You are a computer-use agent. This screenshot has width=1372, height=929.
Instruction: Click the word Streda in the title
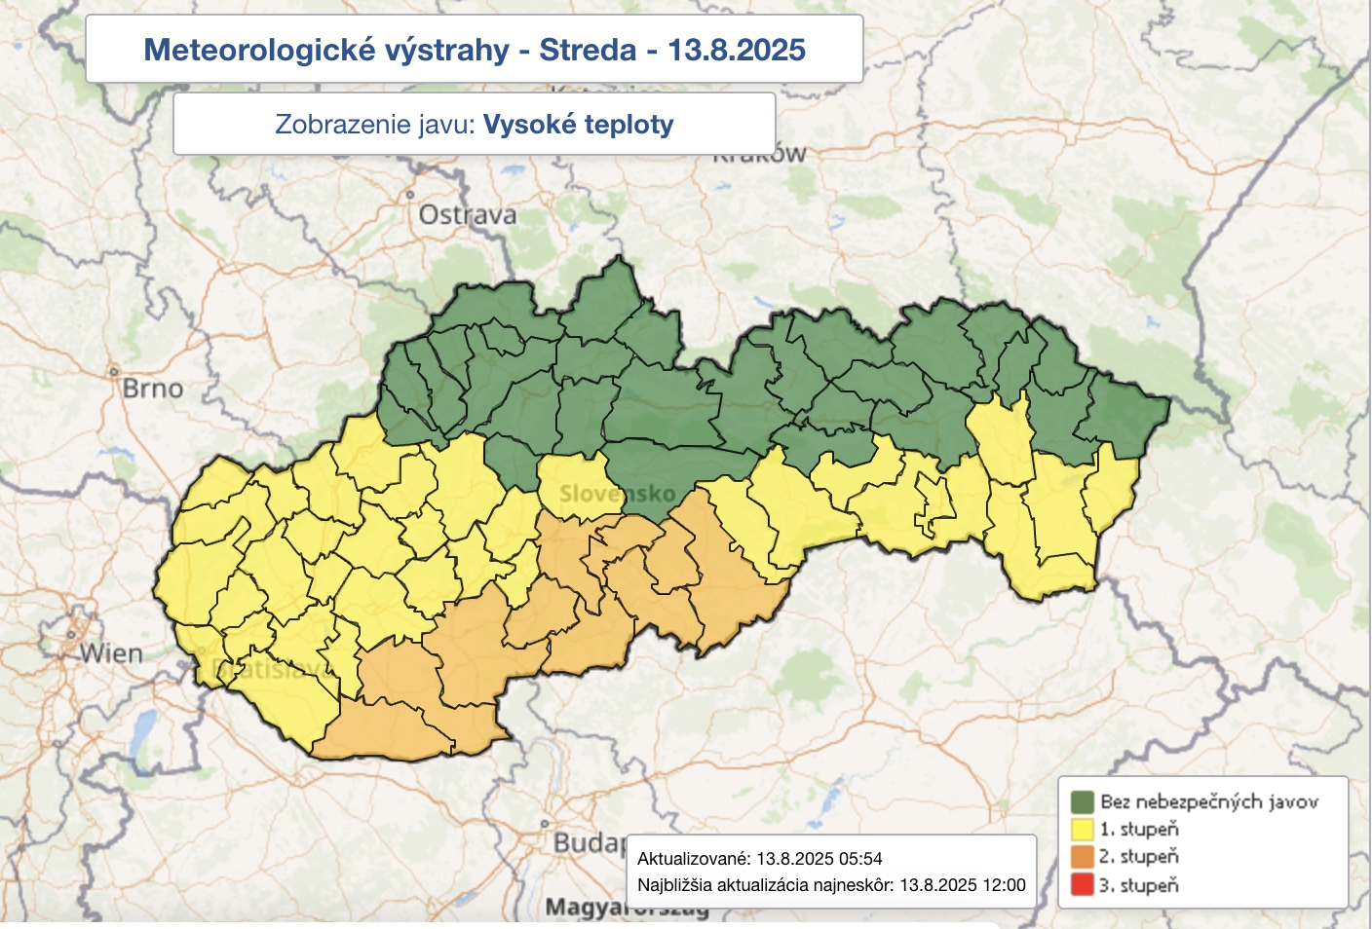(x=588, y=50)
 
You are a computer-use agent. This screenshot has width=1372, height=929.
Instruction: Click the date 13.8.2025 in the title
(x=737, y=50)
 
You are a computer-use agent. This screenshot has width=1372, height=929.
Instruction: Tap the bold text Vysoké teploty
(x=578, y=125)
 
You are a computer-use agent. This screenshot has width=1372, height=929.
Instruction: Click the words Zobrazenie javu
(x=374, y=125)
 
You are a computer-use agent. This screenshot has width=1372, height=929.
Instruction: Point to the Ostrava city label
(x=467, y=214)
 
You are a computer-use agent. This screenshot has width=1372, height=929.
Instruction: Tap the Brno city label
(x=152, y=389)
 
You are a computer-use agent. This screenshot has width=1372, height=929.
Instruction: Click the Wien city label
(x=111, y=652)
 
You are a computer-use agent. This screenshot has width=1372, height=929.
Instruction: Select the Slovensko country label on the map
(x=617, y=494)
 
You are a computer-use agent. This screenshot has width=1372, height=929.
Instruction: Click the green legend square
(x=1082, y=801)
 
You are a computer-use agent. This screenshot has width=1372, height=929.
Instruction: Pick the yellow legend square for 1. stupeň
(x=1082, y=829)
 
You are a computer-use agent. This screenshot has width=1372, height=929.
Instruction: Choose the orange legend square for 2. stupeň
(x=1082, y=857)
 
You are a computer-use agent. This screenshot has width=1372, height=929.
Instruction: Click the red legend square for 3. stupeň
(x=1082, y=885)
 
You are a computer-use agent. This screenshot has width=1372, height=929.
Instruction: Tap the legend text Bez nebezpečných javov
(x=1208, y=801)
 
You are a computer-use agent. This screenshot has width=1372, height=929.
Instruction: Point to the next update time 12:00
(x=1004, y=885)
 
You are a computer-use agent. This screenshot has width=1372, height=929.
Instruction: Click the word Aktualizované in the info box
(x=693, y=859)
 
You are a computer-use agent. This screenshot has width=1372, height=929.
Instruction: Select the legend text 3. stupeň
(x=1139, y=885)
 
